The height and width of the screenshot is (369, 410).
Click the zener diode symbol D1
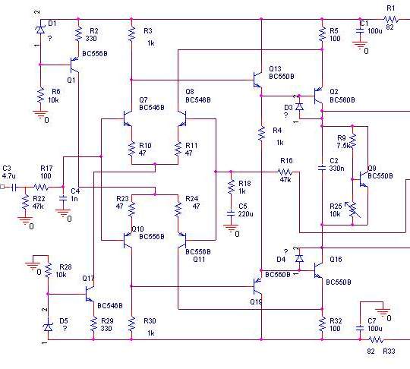point(40,30)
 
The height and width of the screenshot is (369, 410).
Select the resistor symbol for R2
point(78,34)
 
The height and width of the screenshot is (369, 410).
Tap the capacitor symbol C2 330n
point(322,167)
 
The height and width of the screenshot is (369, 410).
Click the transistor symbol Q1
point(74,65)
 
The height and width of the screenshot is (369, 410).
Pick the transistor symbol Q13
point(257,80)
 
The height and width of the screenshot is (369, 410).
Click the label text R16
point(286,160)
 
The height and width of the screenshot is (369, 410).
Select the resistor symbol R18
point(231,187)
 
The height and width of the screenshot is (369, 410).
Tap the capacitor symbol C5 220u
point(231,213)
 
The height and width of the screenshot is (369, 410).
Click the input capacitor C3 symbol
point(14,188)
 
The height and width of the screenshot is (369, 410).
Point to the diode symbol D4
point(299,259)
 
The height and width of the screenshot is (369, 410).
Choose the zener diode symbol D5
point(48,327)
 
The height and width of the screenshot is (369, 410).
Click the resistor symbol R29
point(93,325)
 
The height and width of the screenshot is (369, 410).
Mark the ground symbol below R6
point(40,113)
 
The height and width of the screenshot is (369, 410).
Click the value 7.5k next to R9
point(343,146)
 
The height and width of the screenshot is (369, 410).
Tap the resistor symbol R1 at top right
point(391,19)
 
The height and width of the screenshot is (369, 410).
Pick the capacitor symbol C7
point(360,328)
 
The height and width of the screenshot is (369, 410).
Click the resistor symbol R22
point(25,202)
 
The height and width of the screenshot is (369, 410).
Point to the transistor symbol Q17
point(90,294)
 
